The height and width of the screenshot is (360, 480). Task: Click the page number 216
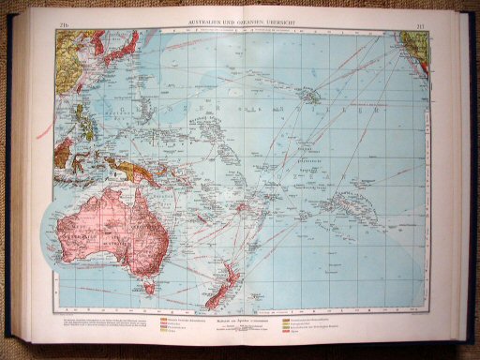[66, 23]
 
